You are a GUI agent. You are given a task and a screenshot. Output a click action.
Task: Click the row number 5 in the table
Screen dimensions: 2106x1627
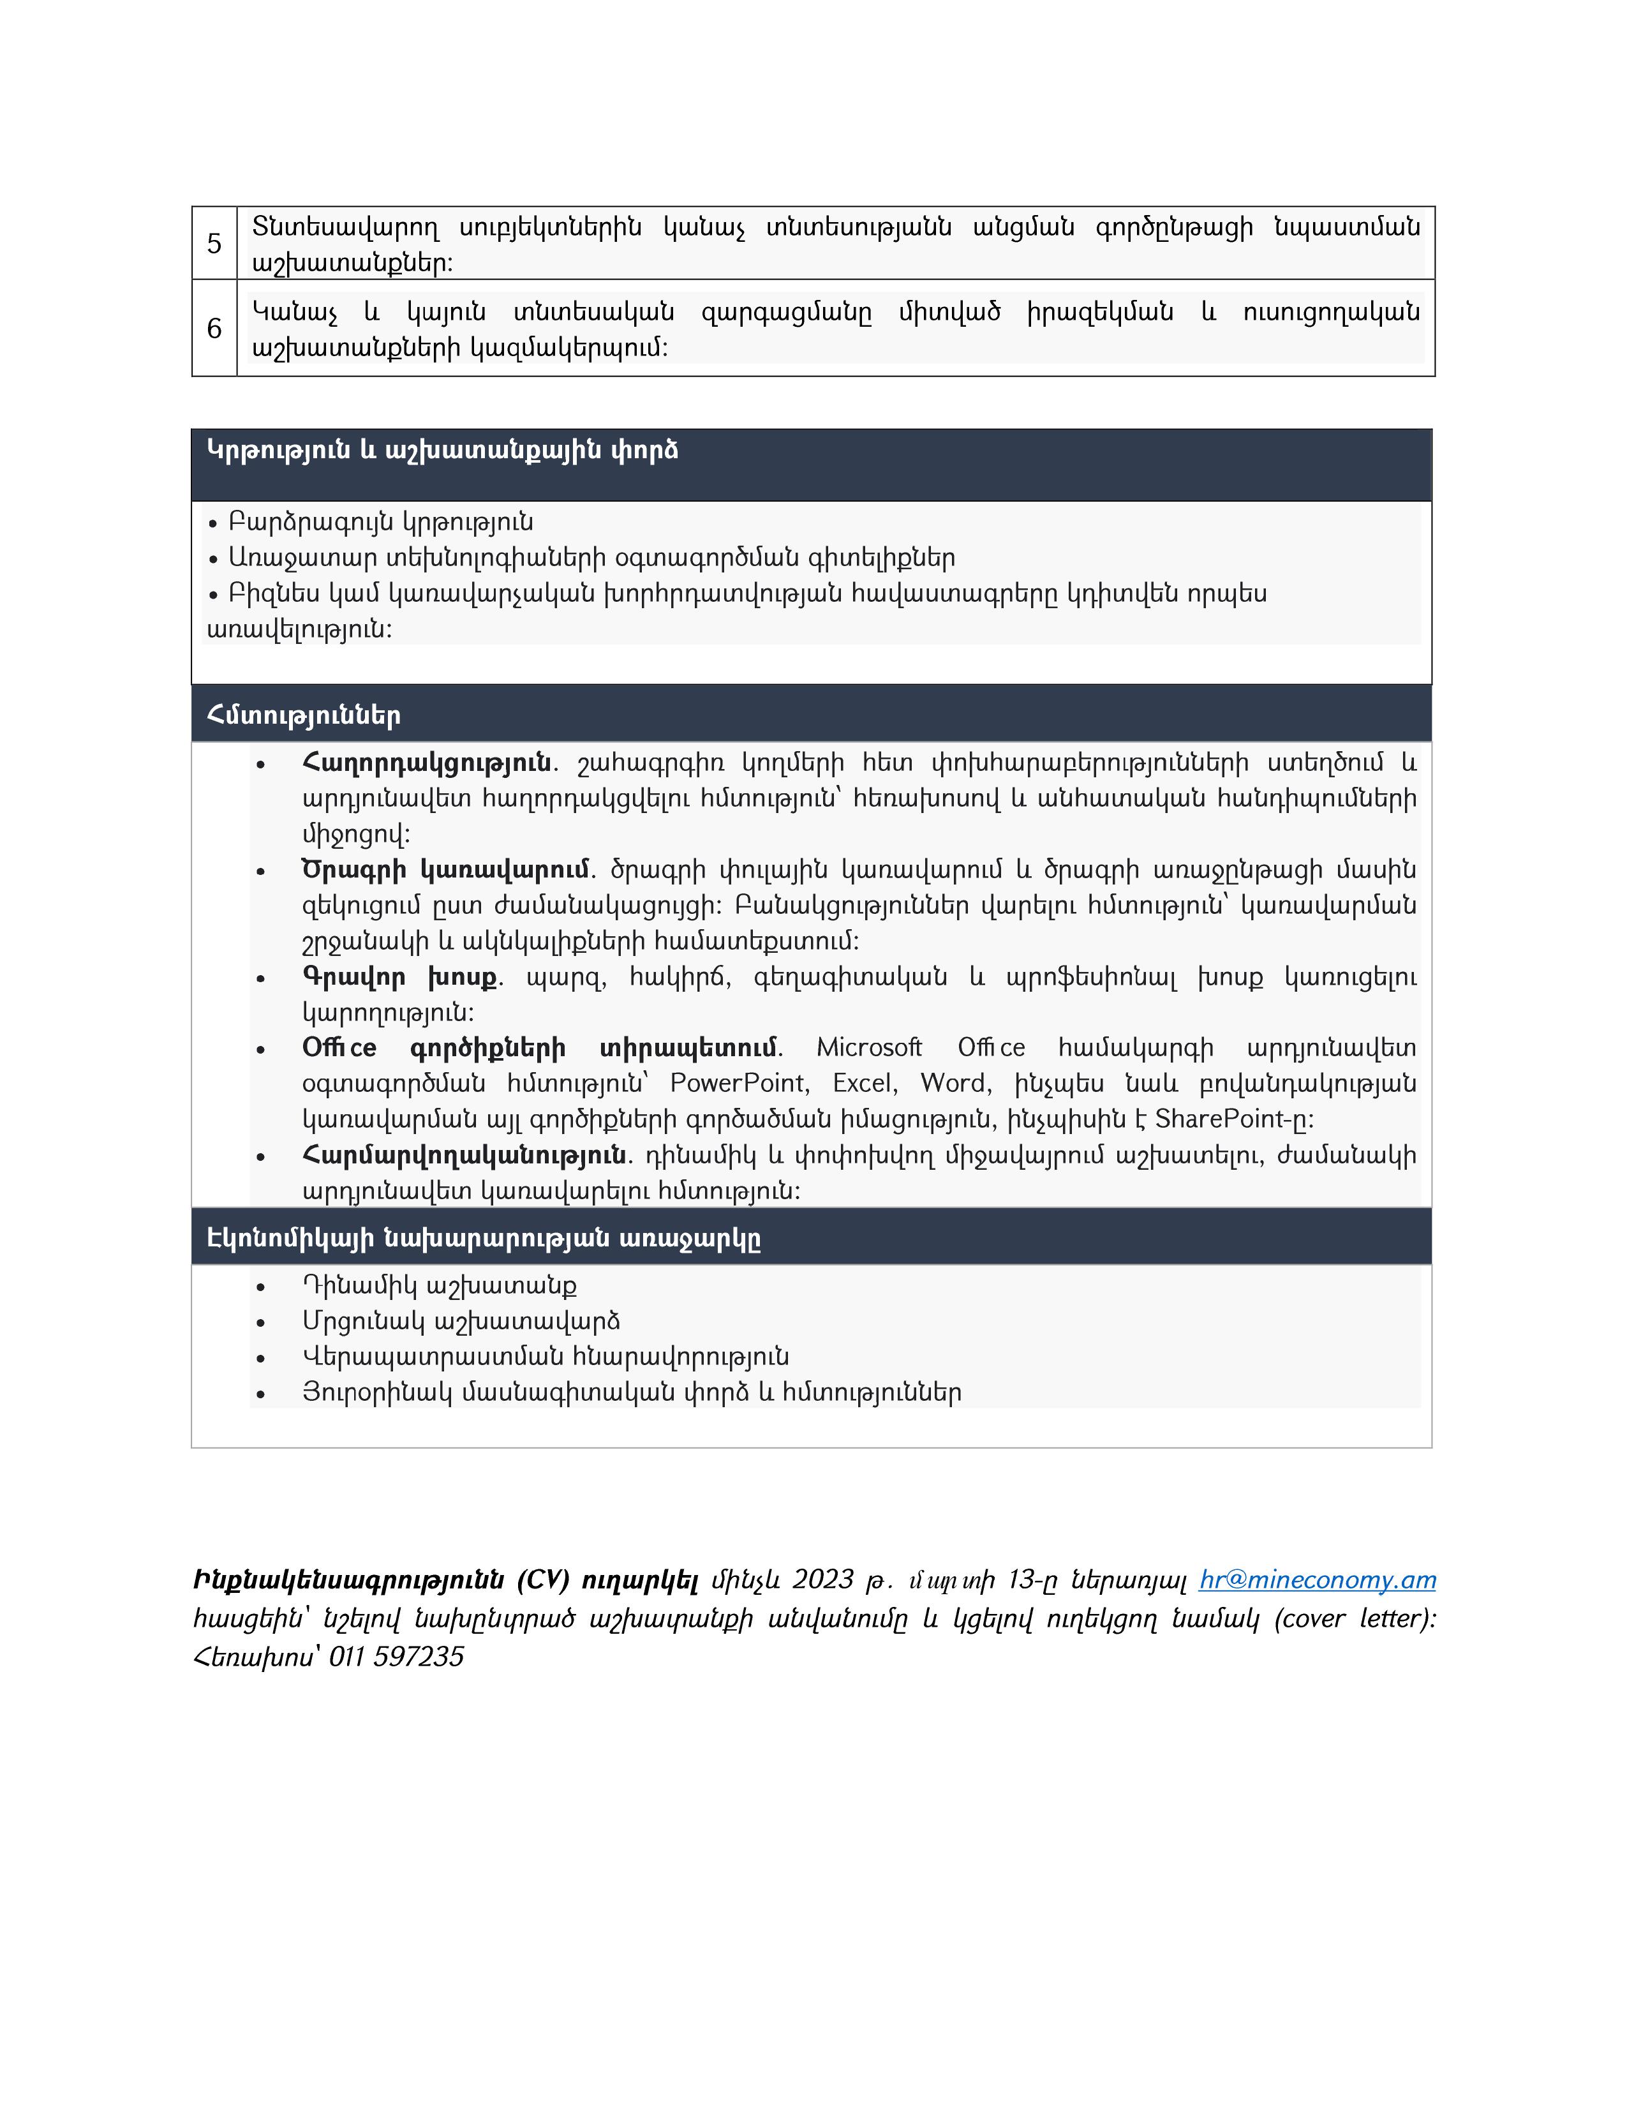coord(214,244)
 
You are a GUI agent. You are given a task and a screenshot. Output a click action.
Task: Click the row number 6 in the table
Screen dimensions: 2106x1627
coord(214,329)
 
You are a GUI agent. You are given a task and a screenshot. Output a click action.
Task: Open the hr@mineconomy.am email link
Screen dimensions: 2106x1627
coord(1317,1579)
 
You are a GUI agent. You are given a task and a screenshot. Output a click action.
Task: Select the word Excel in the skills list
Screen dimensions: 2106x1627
coord(865,1083)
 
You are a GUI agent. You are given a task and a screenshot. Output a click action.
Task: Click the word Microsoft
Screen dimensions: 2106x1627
coord(868,1047)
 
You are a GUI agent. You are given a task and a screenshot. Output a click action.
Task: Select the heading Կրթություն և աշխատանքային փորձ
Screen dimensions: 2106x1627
coord(442,451)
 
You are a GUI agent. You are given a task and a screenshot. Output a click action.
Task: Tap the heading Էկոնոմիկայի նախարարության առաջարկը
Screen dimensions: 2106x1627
coord(484,1238)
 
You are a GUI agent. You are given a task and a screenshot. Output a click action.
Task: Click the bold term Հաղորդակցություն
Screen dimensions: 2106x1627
coord(426,763)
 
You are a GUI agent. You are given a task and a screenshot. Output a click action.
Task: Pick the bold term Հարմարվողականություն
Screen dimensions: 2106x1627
coord(464,1154)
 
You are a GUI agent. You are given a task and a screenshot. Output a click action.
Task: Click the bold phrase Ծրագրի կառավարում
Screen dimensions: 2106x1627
coord(445,870)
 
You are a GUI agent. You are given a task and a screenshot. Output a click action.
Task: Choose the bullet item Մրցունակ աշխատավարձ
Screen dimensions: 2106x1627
coord(461,1321)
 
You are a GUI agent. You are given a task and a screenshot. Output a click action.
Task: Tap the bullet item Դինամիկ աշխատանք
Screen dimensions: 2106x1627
coord(440,1285)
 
